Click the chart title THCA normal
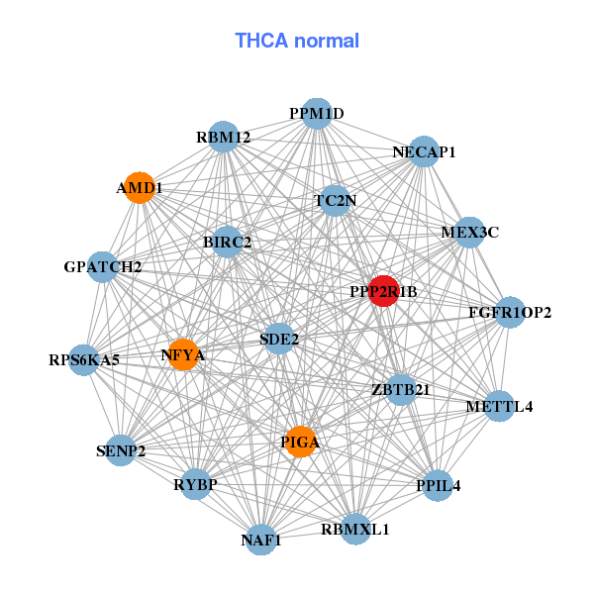[x=297, y=41]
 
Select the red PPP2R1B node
[x=384, y=291]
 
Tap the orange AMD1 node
[x=140, y=187]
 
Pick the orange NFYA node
[x=183, y=353]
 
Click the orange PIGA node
[x=300, y=442]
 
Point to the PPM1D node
[x=316, y=114]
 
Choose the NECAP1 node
[x=424, y=151]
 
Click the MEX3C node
[x=469, y=233]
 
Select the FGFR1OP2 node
[x=510, y=313]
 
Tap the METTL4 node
[x=500, y=406]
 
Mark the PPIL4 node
[x=439, y=486]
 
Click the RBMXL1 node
[x=355, y=529]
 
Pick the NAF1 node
[x=260, y=540]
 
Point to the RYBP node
[x=195, y=484]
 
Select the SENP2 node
[x=121, y=451]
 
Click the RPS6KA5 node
[x=84, y=359]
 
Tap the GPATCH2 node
[x=103, y=266]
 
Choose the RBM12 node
[x=224, y=138]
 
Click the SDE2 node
[x=279, y=339]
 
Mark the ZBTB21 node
[x=400, y=389]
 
